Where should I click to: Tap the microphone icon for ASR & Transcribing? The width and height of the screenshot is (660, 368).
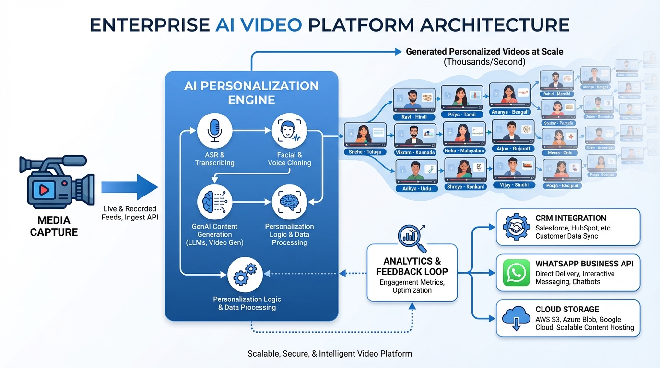point(214,131)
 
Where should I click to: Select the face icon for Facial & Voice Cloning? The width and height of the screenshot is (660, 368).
point(289,131)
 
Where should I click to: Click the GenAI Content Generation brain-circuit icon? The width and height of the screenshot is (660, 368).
point(214,202)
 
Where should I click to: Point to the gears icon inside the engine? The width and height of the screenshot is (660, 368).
point(245,275)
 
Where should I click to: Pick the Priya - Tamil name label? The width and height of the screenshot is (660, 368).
point(462,115)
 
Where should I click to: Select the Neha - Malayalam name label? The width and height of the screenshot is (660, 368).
point(464,150)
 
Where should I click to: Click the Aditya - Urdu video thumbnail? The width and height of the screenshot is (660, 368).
point(416,172)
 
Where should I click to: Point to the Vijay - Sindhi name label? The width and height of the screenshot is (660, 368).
point(514,184)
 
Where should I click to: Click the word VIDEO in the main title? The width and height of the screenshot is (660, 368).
point(272,25)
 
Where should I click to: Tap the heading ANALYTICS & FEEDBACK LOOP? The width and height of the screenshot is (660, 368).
point(412,266)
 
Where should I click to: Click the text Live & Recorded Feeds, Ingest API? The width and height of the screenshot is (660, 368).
point(130,213)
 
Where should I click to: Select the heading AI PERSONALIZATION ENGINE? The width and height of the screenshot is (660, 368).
point(251,92)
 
